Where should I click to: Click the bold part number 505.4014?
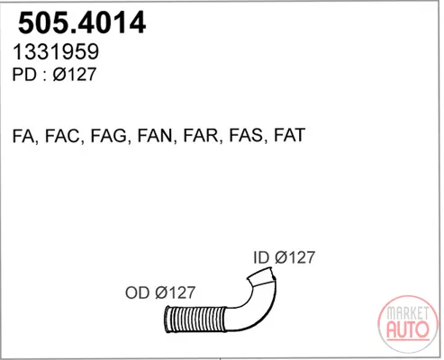pyautogui.click(x=82, y=22)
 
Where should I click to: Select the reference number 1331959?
pyautogui.click(x=56, y=51)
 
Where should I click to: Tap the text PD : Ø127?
pyautogui.click(x=54, y=75)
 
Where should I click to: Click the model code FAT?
pyautogui.click(x=289, y=135)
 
